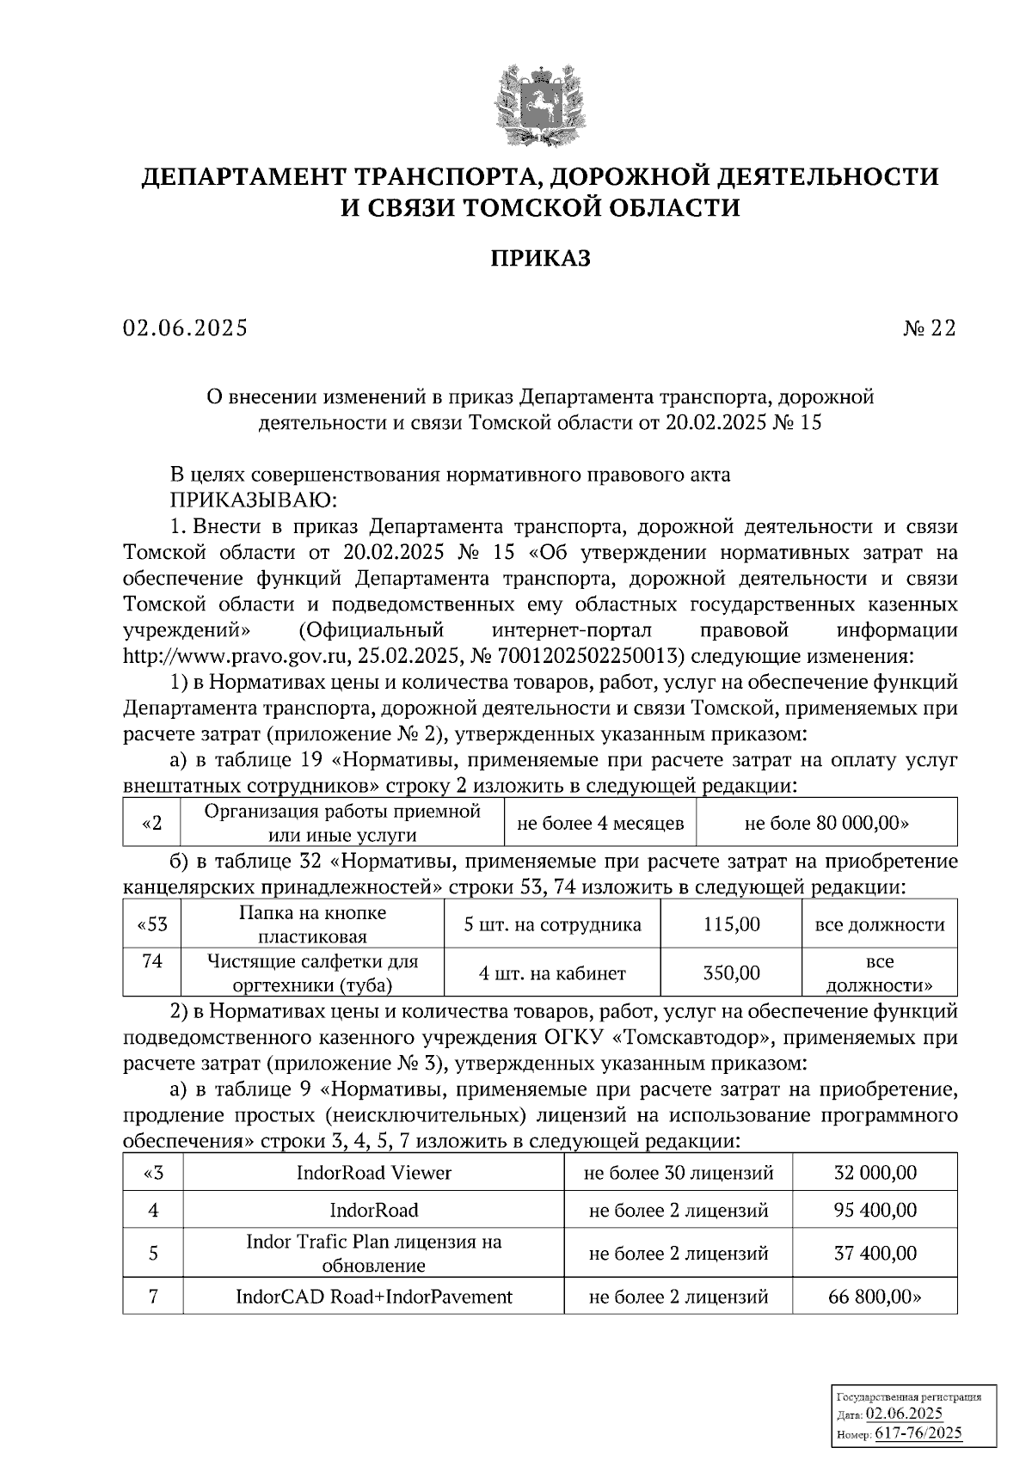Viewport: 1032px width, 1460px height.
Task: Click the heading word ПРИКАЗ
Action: (x=540, y=258)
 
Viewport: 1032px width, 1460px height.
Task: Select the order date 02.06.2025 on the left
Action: (x=185, y=328)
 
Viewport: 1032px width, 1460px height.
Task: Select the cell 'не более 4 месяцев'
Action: (x=599, y=823)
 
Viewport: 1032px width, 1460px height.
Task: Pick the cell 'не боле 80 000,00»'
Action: (x=826, y=823)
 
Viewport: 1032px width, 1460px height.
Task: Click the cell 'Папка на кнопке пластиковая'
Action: (x=312, y=924)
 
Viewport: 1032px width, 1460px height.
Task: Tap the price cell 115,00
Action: (x=731, y=924)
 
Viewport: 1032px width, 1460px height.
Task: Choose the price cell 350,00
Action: (x=731, y=973)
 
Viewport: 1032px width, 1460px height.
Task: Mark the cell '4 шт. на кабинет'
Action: (x=552, y=973)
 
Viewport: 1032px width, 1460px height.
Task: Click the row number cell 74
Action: (x=152, y=962)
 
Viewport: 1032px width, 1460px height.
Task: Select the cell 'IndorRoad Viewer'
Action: (x=373, y=1173)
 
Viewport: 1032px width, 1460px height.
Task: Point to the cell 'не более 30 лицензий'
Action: (x=678, y=1173)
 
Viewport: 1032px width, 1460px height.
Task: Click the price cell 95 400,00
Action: (x=875, y=1210)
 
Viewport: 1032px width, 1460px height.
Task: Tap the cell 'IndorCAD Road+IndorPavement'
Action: (x=373, y=1296)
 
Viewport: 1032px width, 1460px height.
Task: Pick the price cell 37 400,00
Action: (x=875, y=1253)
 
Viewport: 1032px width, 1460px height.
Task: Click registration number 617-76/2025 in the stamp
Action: (x=919, y=1432)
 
